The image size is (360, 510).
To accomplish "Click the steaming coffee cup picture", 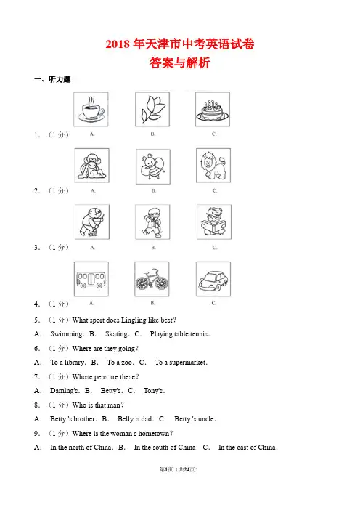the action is click(x=91, y=109).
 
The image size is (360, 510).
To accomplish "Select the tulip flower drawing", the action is click(x=152, y=109).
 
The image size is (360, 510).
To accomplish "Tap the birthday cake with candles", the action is click(x=213, y=109).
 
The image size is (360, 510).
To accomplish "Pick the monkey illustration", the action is click(x=92, y=166).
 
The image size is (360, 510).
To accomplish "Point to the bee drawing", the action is click(x=153, y=166).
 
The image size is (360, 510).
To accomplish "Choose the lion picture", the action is click(x=213, y=166).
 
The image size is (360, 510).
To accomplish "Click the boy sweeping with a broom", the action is click(x=92, y=222).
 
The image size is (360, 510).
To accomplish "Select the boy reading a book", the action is click(x=214, y=222).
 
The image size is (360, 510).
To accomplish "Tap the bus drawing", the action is click(x=91, y=279).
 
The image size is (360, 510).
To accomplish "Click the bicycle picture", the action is click(x=152, y=279).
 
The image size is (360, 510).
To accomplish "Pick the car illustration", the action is click(x=213, y=279).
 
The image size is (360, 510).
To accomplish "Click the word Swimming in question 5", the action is click(x=67, y=334).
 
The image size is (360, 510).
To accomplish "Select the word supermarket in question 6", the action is click(x=188, y=363).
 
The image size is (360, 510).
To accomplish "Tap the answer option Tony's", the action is click(x=154, y=391).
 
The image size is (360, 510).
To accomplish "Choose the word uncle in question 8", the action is click(x=206, y=419).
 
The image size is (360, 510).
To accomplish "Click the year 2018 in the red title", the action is click(x=118, y=44).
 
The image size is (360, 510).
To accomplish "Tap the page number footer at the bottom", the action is click(x=179, y=469).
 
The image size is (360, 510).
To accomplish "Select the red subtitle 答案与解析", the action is click(x=180, y=62).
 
